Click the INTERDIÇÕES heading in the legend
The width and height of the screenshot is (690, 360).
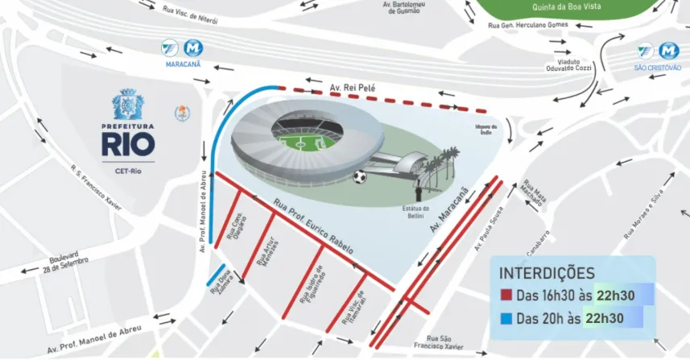click(547, 274)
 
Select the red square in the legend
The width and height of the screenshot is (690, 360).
click(505, 296)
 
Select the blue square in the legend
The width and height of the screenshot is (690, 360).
click(505, 319)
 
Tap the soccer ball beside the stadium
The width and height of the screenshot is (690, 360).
click(360, 176)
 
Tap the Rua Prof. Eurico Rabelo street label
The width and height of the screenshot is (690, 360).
click(312, 227)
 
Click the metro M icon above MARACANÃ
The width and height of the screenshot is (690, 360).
click(192, 48)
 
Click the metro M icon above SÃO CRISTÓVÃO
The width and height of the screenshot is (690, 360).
click(668, 51)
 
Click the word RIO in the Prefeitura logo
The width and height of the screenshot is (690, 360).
click(127, 144)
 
